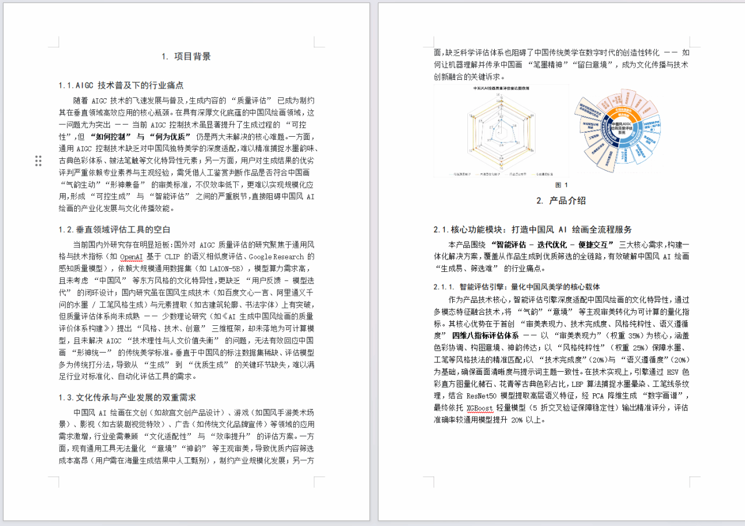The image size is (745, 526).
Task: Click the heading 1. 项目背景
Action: [x=186, y=56]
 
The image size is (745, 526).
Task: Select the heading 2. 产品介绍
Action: [x=561, y=201]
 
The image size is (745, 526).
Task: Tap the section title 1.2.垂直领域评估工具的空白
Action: [x=114, y=230]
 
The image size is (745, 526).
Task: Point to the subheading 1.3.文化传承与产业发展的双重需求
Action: [x=127, y=397]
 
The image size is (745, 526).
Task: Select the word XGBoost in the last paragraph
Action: [x=480, y=408]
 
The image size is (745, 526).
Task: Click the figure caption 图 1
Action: [x=561, y=185]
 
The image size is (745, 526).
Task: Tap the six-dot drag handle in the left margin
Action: [x=38, y=161]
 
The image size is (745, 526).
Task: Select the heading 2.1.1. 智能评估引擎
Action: [x=517, y=287]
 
